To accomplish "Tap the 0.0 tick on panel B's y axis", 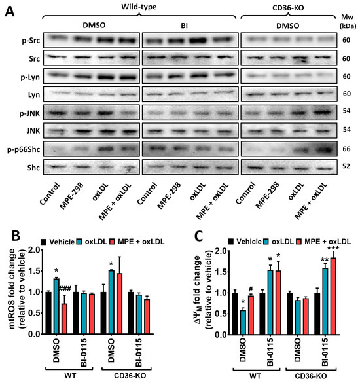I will coord(37,332).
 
